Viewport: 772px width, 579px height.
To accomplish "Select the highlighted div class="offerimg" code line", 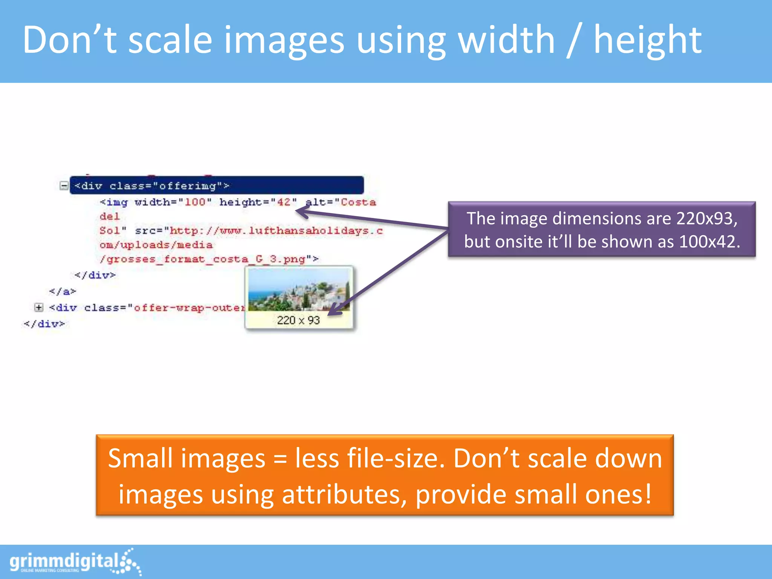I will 217,185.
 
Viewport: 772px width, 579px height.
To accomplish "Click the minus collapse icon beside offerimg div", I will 64,185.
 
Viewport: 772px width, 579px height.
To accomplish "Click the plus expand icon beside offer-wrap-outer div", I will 38,308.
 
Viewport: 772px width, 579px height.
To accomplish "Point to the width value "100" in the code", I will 195,202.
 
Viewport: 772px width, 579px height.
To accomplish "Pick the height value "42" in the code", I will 283,202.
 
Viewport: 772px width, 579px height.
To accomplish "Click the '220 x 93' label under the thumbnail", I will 298,320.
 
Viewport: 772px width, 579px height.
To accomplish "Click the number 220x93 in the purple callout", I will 706,219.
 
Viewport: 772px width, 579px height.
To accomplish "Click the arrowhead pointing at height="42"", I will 302,212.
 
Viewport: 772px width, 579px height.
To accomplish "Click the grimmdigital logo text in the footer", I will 64,562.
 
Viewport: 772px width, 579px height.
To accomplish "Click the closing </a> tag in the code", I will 63,291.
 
